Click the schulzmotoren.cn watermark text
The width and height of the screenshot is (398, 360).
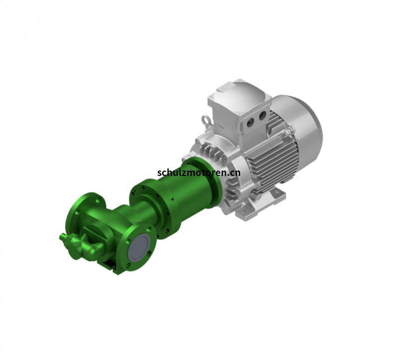(199, 173)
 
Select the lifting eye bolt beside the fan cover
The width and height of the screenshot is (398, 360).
(289, 131)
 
